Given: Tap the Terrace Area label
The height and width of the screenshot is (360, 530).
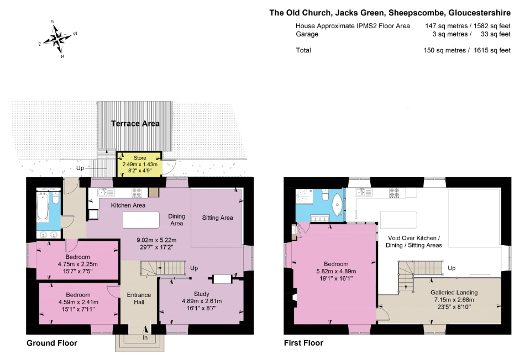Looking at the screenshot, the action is pyautogui.click(x=135, y=124).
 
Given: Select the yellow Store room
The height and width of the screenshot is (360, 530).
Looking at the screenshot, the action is pyautogui.click(x=140, y=164).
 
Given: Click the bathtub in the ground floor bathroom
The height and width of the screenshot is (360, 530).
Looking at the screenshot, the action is pyautogui.click(x=43, y=206).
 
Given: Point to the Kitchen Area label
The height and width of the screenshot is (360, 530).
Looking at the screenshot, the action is pyautogui.click(x=128, y=205).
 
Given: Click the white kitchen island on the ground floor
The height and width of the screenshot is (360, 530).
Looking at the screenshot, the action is pyautogui.click(x=141, y=220).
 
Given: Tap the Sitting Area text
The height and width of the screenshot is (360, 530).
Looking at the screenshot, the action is pyautogui.click(x=217, y=218).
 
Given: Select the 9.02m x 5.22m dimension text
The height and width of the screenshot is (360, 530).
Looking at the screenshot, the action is pyautogui.click(x=156, y=240).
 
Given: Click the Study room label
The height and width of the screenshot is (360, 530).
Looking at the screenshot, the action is pyautogui.click(x=202, y=294).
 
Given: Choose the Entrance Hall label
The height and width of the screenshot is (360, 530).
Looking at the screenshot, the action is pyautogui.click(x=139, y=299).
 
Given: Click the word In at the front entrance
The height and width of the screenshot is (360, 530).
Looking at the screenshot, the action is pyautogui.click(x=145, y=338).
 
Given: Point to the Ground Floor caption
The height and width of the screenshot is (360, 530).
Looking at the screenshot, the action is pyautogui.click(x=52, y=343).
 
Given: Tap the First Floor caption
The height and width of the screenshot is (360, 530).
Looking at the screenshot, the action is pyautogui.click(x=303, y=343).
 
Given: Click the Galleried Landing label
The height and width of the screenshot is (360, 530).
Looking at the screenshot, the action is pyautogui.click(x=454, y=293).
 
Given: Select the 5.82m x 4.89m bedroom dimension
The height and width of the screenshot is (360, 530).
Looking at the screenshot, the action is pyautogui.click(x=336, y=271).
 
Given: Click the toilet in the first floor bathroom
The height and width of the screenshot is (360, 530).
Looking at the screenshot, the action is pyautogui.click(x=325, y=195).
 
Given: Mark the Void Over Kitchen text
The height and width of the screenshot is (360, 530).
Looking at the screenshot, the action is pyautogui.click(x=414, y=238).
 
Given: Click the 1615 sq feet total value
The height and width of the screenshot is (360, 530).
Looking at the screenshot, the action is pyautogui.click(x=492, y=50).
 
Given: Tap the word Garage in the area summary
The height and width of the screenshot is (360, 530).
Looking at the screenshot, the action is pyautogui.click(x=307, y=34).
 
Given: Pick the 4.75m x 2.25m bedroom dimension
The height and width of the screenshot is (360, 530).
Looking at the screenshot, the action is pyautogui.click(x=78, y=264).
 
